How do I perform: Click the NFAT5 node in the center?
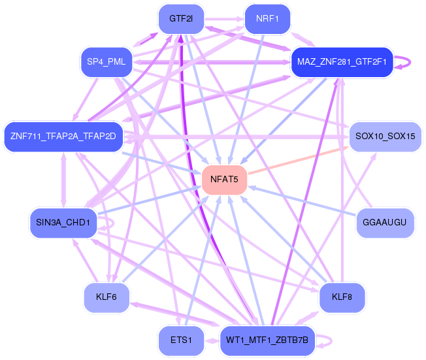click(224, 180)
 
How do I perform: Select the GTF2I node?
click(181, 19)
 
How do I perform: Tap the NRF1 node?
click(267, 19)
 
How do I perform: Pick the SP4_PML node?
click(106, 62)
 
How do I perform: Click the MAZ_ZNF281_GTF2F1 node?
click(342, 62)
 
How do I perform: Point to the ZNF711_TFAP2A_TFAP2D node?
click(63, 137)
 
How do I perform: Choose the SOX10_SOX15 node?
click(385, 137)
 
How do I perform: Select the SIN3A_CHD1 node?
click(63, 223)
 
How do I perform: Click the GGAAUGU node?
click(385, 223)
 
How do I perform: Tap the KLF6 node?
click(106, 297)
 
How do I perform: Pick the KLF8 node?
click(342, 297)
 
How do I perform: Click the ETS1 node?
click(181, 340)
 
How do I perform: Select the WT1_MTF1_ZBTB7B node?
click(267, 340)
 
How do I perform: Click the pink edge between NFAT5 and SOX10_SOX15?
click(298, 160)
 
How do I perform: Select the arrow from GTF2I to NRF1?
click(224, 19)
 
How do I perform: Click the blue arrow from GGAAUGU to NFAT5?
click(302, 201)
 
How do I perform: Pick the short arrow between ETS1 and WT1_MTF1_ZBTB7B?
click(212, 340)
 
